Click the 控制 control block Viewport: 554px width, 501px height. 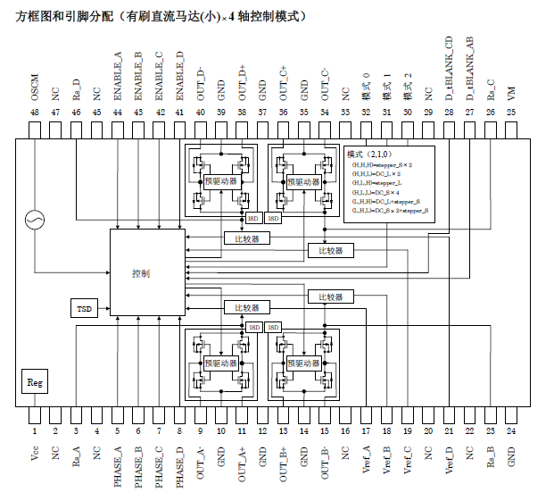141,271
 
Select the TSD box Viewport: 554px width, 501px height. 84,308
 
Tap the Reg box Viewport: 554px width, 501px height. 35,382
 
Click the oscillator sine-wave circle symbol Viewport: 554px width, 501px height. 36,219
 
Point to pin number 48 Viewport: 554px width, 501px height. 35,113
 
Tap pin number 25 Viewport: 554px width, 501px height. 511,113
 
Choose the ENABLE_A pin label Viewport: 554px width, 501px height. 118,78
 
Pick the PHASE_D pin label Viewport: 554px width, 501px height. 179,465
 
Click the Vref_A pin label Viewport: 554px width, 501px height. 366,459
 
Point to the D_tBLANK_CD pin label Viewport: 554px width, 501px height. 449,67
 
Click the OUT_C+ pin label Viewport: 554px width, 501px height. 283,83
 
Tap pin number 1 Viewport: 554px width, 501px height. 35,430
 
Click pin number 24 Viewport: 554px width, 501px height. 511,430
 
